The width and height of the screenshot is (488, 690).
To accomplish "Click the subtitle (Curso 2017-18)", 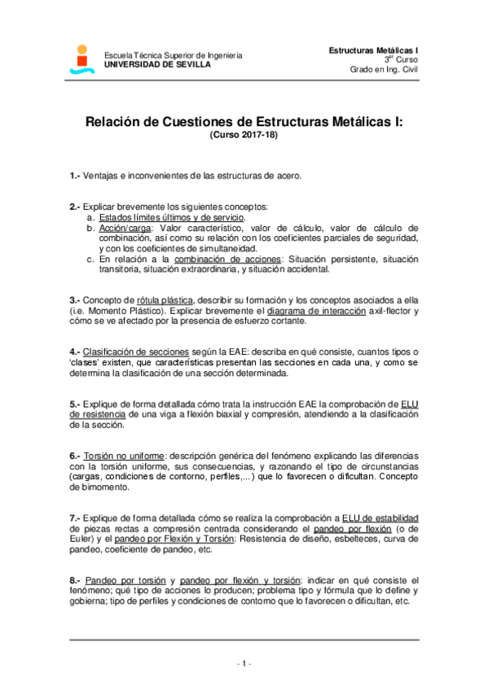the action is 244,137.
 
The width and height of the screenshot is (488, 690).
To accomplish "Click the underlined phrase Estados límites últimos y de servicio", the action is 171,218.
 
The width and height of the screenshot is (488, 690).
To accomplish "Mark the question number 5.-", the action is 75,404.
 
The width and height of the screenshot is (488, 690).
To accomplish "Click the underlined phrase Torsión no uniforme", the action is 122,456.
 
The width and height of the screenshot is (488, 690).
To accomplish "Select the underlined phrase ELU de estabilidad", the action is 380,517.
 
